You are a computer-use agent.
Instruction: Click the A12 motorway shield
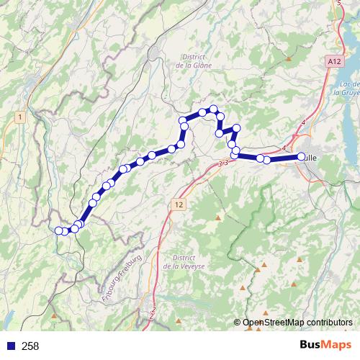click(333, 63)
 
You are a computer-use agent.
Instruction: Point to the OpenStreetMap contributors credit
click(296, 323)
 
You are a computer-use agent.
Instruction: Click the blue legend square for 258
click(9, 346)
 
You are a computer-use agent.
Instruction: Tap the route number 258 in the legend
click(31, 346)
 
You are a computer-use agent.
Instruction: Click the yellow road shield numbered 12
click(179, 205)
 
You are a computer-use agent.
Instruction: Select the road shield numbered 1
click(20, 117)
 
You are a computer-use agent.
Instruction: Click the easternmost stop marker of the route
click(302, 156)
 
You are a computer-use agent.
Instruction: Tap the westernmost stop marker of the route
click(59, 230)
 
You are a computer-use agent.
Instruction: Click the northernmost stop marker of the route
click(213, 109)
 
